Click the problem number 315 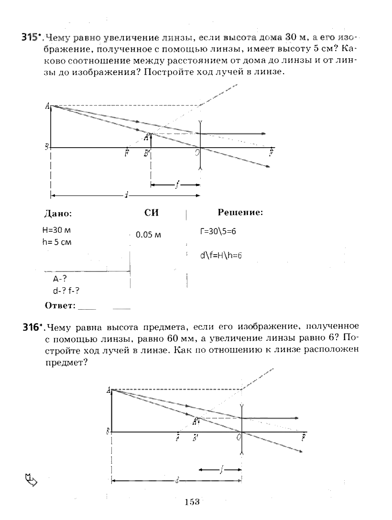point(31,38)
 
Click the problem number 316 point(31,328)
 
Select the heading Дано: point(58,214)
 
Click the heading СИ point(151,213)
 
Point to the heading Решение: point(240,213)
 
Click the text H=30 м point(56,230)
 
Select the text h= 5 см point(56,242)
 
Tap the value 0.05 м point(148,235)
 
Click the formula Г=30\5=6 point(218,231)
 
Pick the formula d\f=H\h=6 point(221,255)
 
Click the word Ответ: point(60,305)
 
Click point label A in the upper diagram point(48,108)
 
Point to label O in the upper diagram point(196,152)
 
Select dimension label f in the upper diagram point(177,186)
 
